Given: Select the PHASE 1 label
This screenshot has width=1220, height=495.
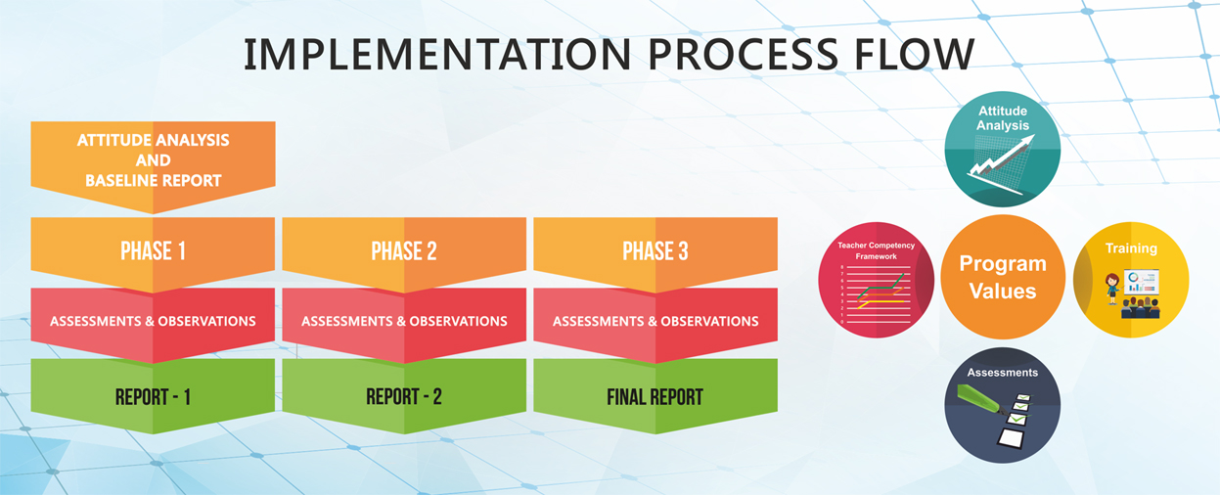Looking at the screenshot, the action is pyautogui.click(x=153, y=251).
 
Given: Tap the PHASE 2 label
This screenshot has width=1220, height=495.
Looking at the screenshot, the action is pyautogui.click(x=404, y=251).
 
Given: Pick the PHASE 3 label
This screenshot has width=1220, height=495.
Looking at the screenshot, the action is pyautogui.click(x=655, y=251).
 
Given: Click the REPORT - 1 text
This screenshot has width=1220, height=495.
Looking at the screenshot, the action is pyautogui.click(x=153, y=397).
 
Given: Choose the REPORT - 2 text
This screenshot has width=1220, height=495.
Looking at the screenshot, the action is pyautogui.click(x=404, y=397).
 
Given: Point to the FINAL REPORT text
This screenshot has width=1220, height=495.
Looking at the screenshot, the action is pyautogui.click(x=655, y=397).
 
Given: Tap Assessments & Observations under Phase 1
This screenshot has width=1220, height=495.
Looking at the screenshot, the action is pyautogui.click(x=153, y=321).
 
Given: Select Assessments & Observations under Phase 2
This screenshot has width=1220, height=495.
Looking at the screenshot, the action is pyautogui.click(x=404, y=321).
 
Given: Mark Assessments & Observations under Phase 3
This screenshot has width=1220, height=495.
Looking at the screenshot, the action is pyautogui.click(x=655, y=321).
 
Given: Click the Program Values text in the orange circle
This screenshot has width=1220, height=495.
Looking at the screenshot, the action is pyautogui.click(x=1003, y=277).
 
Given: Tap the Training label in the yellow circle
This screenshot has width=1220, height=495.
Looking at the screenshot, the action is pyautogui.click(x=1131, y=248).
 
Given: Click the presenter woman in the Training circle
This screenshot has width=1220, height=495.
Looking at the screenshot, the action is pyautogui.click(x=1112, y=290).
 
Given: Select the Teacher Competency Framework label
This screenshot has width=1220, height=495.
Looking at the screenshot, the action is pyautogui.click(x=877, y=251).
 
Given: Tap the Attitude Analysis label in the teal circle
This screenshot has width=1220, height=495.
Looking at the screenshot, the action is pyautogui.click(x=1003, y=118).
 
